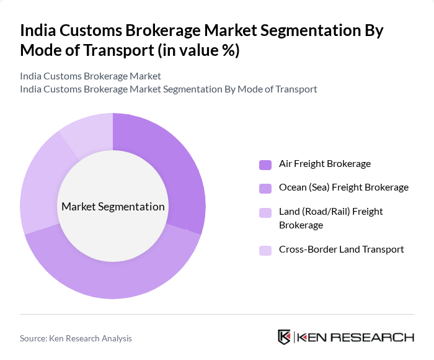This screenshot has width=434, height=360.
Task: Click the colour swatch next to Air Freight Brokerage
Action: pyautogui.click(x=265, y=164)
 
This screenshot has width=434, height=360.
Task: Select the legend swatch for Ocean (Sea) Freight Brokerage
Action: pyautogui.click(x=265, y=188)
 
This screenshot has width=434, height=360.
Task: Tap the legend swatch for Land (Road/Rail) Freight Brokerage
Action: pyautogui.click(x=265, y=212)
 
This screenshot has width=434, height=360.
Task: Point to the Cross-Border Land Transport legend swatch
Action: pyautogui.click(x=265, y=250)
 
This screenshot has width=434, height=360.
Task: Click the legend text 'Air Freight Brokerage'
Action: pyautogui.click(x=324, y=164)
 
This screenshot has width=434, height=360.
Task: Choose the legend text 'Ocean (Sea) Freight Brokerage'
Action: pyautogui.click(x=343, y=187)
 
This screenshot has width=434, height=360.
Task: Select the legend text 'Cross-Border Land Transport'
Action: pyautogui.click(x=341, y=250)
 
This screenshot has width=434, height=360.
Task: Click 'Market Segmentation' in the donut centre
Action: pyautogui.click(x=113, y=207)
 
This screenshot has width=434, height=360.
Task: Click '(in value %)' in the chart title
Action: pyautogui.click(x=198, y=50)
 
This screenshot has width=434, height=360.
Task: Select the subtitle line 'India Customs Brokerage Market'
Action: pyautogui.click(x=91, y=76)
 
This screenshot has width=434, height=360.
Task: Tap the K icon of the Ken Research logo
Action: pyautogui.click(x=284, y=337)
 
